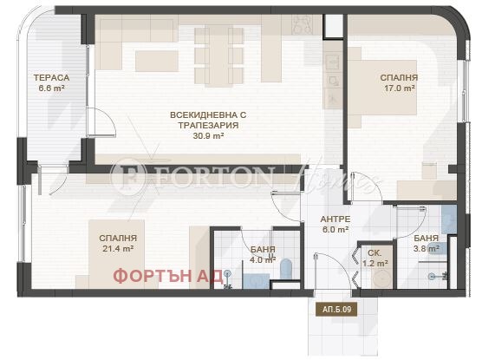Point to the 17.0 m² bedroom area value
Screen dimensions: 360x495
[x=398, y=88]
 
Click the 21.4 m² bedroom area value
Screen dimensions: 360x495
[x=118, y=249]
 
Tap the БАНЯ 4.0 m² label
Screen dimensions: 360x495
[x=262, y=253]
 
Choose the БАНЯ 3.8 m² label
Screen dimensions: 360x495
[x=425, y=242]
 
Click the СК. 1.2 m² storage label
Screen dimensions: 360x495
[x=375, y=258]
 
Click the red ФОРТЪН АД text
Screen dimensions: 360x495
[x=163, y=276]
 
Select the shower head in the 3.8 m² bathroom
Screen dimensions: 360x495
[x=430, y=275]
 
